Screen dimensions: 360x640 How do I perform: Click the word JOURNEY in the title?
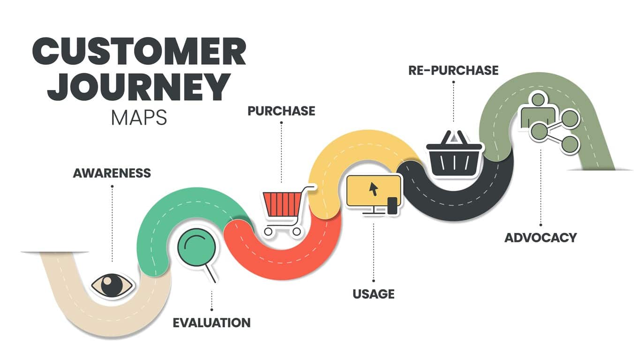click(139, 87)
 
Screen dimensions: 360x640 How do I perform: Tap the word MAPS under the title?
click(139, 118)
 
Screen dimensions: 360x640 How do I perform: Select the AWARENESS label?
click(112, 173)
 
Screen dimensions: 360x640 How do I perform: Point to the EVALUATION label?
click(211, 322)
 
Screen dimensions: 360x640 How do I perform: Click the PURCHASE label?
click(281, 111)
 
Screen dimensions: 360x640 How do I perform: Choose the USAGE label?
click(373, 294)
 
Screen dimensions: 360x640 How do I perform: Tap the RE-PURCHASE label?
click(453, 70)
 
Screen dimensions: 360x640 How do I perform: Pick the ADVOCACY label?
click(540, 237)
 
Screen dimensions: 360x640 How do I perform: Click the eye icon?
click(113, 285)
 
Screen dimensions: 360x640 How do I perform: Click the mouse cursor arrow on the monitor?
click(374, 188)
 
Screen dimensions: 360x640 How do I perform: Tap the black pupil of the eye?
click(112, 285)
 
